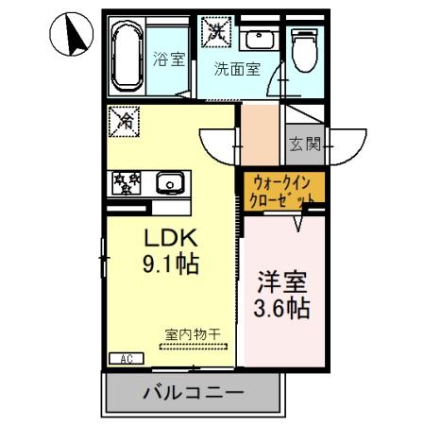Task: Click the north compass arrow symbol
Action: click(x=71, y=37)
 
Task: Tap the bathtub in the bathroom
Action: click(x=127, y=58)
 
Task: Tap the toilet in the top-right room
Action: click(x=304, y=49)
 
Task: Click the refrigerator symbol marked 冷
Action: click(x=123, y=120)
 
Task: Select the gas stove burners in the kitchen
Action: click(x=126, y=180)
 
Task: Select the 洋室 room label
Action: click(x=283, y=280)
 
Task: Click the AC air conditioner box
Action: click(x=126, y=358)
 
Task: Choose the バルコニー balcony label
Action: click(x=194, y=392)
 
